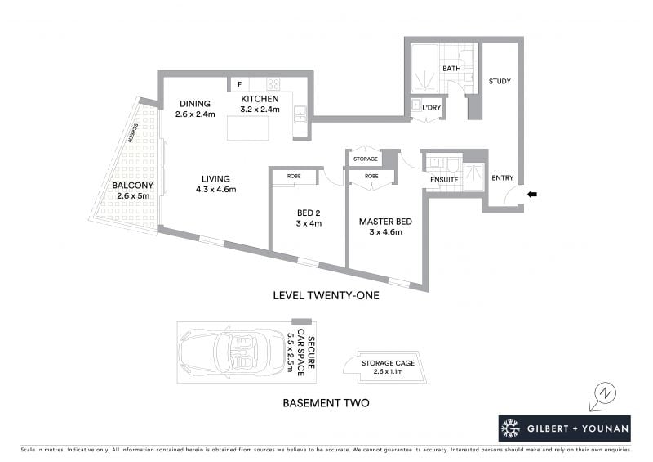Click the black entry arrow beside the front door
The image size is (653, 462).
tap(532, 194)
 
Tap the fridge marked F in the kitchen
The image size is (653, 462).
tap(239, 84)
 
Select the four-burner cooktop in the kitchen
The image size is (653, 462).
tap(273, 84)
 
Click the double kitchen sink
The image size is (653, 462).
tap(300, 114)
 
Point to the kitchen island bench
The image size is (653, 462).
tap(248, 128)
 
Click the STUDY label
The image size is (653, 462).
tap(500, 81)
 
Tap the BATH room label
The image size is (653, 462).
tap(451, 68)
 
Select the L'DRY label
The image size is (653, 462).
tap(432, 108)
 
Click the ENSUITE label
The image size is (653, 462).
tap(444, 180)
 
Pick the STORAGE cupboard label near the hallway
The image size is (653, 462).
tap(365, 159)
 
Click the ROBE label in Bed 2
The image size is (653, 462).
tap(294, 176)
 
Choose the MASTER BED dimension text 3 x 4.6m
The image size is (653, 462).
tap(385, 232)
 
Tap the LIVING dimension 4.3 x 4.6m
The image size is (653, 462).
tap(215, 190)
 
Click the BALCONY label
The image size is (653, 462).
tap(133, 186)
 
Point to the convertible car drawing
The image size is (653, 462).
tap(231, 352)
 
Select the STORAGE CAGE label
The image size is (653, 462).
tap(388, 363)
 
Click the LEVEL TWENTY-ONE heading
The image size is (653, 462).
tap(326, 295)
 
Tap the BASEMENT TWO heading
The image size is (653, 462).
tap(326, 403)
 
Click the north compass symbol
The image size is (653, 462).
tap(603, 396)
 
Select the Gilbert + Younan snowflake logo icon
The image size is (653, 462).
tap(511, 428)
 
